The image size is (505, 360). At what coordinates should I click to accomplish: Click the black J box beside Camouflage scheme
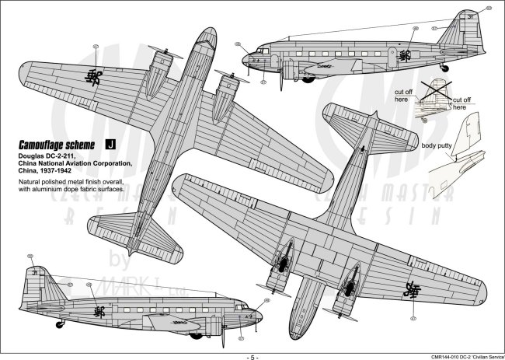click(110, 144)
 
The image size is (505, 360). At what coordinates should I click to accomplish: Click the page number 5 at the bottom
click(252, 355)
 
